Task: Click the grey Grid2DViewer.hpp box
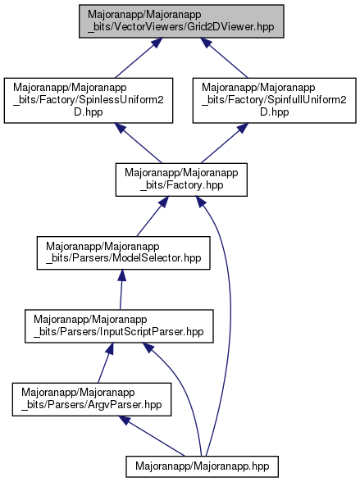point(181,21)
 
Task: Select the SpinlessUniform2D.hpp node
point(89,101)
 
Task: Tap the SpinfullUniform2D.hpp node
point(274,101)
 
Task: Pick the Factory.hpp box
point(181,180)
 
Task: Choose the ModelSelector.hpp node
point(124,253)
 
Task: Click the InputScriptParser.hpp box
point(119,326)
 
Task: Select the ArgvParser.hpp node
point(92,399)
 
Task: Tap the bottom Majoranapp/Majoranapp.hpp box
point(203,466)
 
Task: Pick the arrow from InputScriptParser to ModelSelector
point(121,289)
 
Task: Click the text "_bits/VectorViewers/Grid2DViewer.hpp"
point(181,27)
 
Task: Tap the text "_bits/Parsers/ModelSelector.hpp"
point(124,258)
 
